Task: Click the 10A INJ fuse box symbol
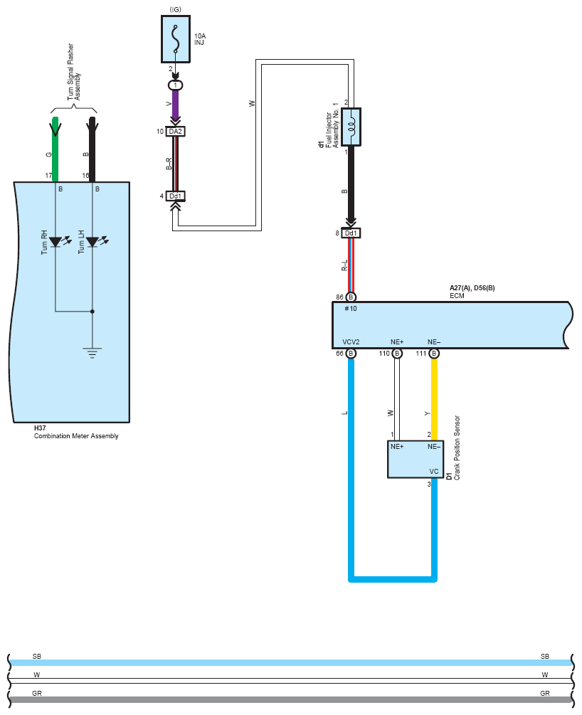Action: [x=176, y=39]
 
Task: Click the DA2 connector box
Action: [x=176, y=132]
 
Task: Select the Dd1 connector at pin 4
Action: [x=176, y=196]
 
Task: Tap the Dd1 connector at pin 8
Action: [x=351, y=233]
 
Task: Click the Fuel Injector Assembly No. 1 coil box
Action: [x=351, y=127]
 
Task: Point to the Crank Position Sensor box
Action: [x=415, y=459]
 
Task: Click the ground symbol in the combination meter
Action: [x=92, y=353]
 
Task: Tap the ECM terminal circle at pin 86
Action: [x=351, y=297]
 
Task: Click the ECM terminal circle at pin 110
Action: [x=397, y=354]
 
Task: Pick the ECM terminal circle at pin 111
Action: [x=434, y=354]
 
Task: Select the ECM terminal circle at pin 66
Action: [x=351, y=354]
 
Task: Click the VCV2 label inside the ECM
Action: [x=351, y=342]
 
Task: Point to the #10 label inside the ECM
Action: [x=351, y=309]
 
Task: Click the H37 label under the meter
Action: [x=40, y=428]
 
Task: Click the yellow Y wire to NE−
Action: [x=434, y=399]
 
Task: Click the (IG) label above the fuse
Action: [x=176, y=9]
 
